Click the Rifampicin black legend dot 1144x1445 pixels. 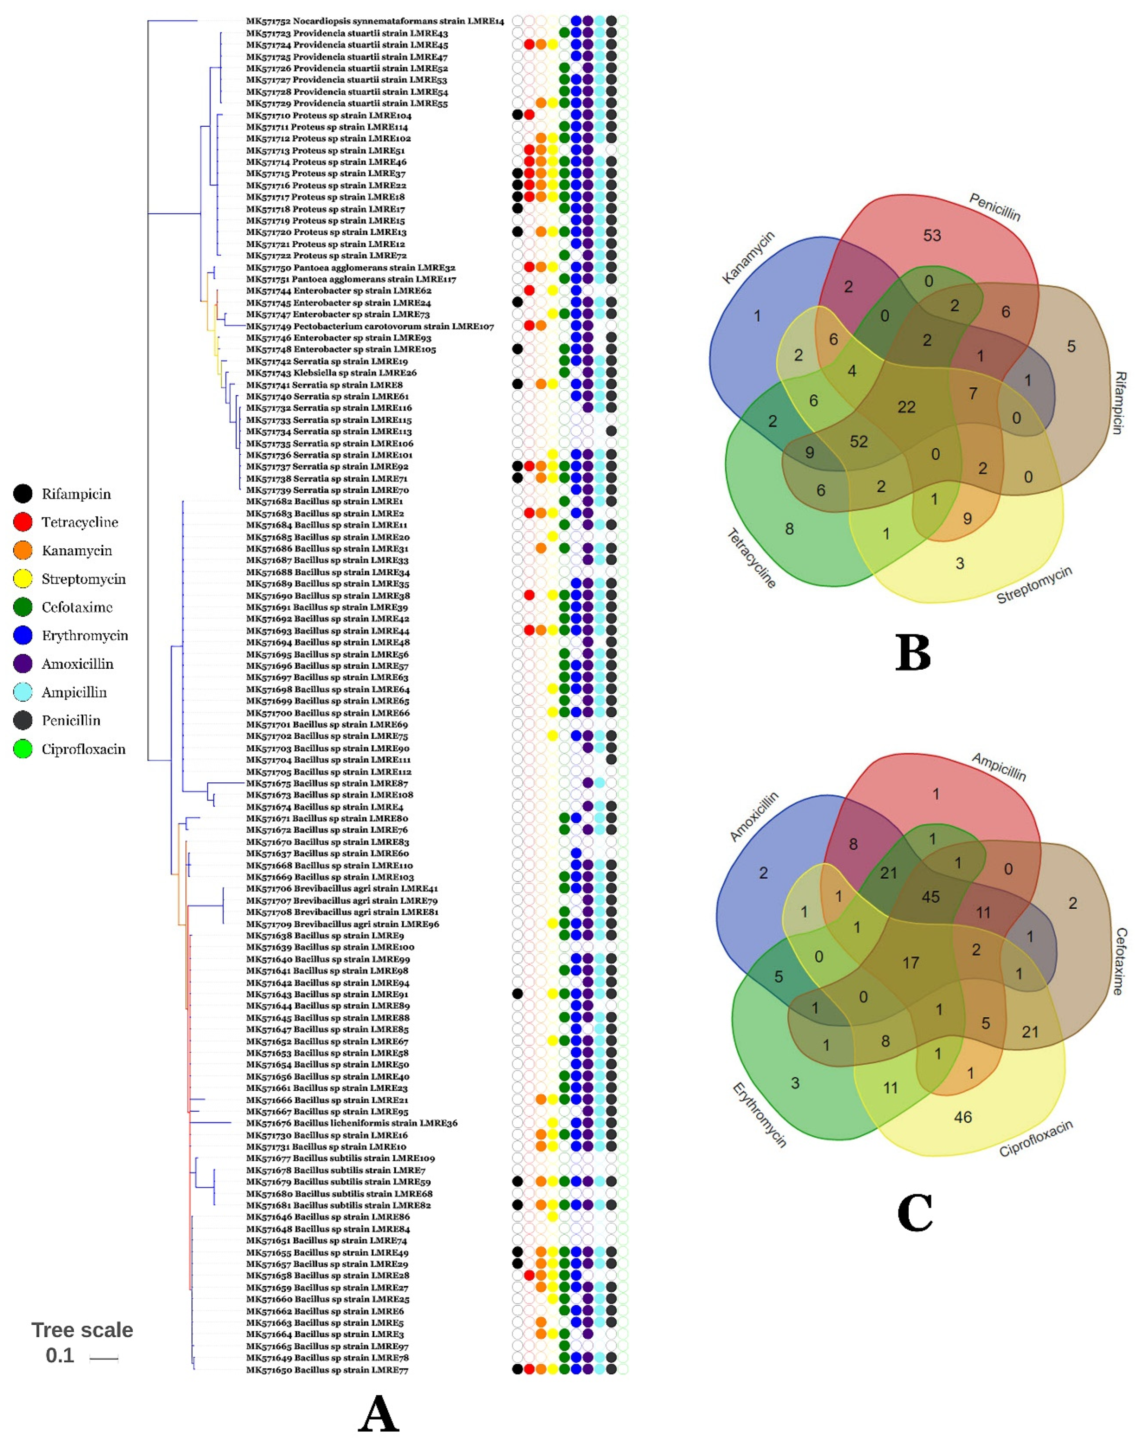[x=23, y=494]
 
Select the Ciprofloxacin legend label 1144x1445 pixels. [x=83, y=749]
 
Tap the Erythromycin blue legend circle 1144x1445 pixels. [x=23, y=635]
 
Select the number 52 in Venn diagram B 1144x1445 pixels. [x=859, y=441]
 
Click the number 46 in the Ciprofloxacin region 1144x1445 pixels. [x=962, y=1117]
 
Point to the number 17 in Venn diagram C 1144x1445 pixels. [x=910, y=963]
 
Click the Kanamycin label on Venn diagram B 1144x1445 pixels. [x=748, y=257]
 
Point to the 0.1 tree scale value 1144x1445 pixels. [x=59, y=1355]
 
